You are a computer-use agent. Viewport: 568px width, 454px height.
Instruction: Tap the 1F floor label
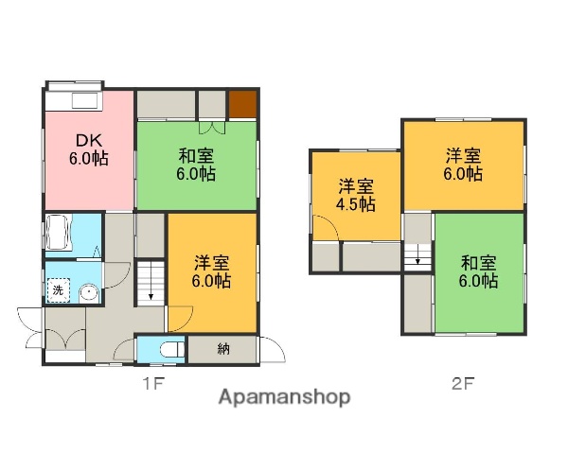[x=155, y=384]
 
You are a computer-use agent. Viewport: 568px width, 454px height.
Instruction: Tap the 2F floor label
[x=462, y=384]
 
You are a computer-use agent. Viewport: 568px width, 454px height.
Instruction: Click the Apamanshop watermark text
[x=284, y=397]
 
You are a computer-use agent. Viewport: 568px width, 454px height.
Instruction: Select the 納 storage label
[x=222, y=350]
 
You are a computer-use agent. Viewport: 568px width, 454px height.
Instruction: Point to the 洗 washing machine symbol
[x=59, y=291]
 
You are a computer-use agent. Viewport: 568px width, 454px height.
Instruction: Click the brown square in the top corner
[x=241, y=103]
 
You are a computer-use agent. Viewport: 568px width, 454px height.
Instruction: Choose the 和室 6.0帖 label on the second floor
[x=479, y=272]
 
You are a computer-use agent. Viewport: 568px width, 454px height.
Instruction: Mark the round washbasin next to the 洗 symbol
[x=87, y=292]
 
